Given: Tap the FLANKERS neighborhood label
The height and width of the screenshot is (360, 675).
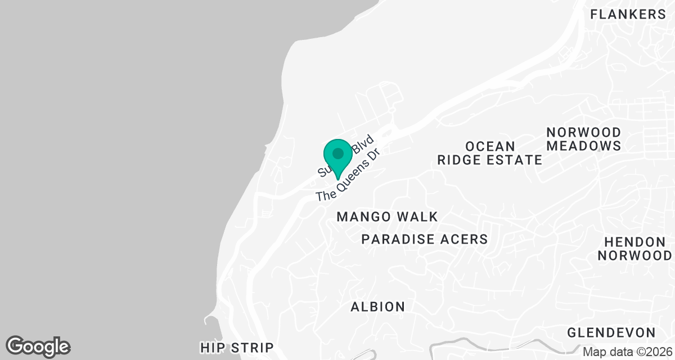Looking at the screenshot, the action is point(628,15).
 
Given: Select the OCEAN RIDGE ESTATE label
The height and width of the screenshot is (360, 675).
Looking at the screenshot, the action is point(489,153).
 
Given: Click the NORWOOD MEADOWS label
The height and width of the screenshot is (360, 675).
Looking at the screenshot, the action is point(584,139).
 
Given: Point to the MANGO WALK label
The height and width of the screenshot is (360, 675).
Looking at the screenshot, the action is point(387,217).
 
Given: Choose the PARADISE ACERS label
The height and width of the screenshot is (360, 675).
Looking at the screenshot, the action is point(424,239).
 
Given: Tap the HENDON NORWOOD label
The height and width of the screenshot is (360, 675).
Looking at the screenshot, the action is point(634,249).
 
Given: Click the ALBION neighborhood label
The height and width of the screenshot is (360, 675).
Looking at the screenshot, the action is point(377,307).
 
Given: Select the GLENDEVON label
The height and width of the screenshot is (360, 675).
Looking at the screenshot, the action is point(611,332).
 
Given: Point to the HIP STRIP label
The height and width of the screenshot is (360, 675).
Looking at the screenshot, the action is point(236,348).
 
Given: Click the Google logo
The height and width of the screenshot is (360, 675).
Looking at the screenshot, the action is point(38,346).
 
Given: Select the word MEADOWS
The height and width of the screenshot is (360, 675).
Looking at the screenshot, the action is point(584,146).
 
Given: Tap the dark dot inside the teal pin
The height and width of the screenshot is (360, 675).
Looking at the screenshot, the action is point(337,154).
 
